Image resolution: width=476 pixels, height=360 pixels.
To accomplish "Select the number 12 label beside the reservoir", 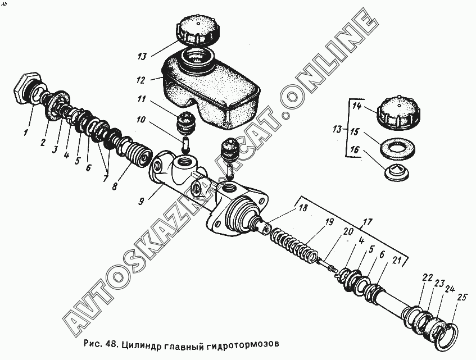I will pos(141,79).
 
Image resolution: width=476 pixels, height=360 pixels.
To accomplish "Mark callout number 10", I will pos(140,120).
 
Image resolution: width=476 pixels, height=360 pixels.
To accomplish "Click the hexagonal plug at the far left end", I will pos(26,88).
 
